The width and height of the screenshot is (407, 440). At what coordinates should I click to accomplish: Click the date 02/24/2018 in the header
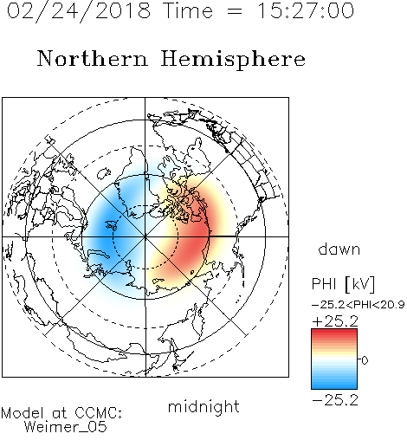79,11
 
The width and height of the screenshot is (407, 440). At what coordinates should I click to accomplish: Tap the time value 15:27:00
306,10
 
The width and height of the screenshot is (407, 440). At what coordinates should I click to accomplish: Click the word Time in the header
188,10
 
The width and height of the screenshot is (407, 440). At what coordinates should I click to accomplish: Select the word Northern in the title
93,59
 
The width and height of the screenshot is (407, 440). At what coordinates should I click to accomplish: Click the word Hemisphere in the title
233,60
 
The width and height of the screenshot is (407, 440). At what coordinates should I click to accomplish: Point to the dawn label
339,249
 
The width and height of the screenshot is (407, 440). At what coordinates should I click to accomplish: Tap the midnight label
203,407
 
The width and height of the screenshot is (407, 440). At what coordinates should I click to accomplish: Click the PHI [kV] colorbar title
343,284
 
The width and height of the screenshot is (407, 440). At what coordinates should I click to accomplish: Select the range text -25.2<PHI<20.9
358,305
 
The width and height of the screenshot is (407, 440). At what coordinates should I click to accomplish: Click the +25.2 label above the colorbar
335,321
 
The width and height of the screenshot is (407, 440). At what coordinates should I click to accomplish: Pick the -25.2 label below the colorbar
335,400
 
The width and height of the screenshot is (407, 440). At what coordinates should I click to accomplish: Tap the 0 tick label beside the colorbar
365,360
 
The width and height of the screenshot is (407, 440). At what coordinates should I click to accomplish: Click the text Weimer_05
66,427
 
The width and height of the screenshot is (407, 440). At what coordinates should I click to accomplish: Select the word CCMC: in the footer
99,413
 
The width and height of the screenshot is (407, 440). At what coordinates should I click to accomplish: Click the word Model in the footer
23,413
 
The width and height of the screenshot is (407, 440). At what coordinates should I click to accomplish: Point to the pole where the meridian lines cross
145,236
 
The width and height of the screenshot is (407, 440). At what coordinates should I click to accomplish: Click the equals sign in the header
235,12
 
